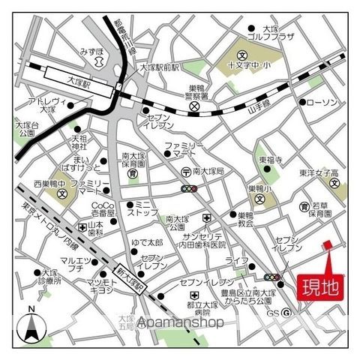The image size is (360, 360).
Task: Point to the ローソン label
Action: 323,101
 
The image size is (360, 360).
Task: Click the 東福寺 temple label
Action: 271,160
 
